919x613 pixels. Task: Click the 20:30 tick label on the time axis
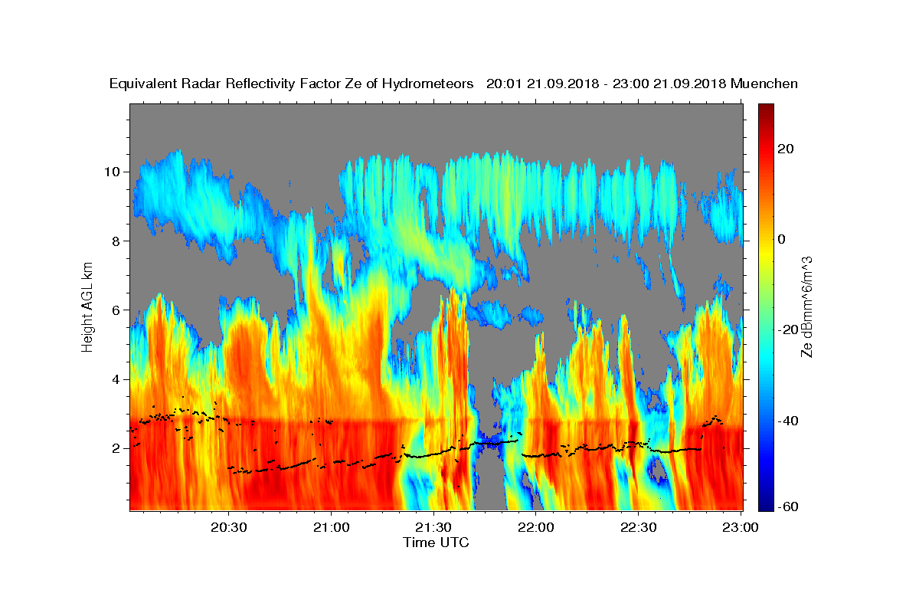[228, 527]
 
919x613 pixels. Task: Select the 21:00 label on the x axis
[331, 527]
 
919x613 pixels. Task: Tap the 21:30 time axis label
[433, 527]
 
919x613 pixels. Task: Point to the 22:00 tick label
[535, 527]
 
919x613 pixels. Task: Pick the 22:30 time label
[638, 527]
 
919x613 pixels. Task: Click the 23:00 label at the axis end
[740, 527]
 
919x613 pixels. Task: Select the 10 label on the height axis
[112, 172]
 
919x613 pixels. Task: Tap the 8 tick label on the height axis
[116, 241]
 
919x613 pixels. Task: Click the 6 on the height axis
[116, 310]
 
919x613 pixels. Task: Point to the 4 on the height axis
[116, 379]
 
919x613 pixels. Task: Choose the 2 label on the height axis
[116, 448]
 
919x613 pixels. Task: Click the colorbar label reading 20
[786, 149]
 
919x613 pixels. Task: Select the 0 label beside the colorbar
[782, 239]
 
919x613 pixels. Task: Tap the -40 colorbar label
[788, 421]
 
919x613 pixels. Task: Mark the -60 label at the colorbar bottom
[788, 506]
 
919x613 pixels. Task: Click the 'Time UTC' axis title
[436, 543]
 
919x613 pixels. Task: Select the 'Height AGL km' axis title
[87, 307]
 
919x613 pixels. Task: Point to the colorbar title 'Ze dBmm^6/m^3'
[806, 307]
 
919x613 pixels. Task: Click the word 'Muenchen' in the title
[764, 84]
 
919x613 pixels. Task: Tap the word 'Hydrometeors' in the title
[427, 84]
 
